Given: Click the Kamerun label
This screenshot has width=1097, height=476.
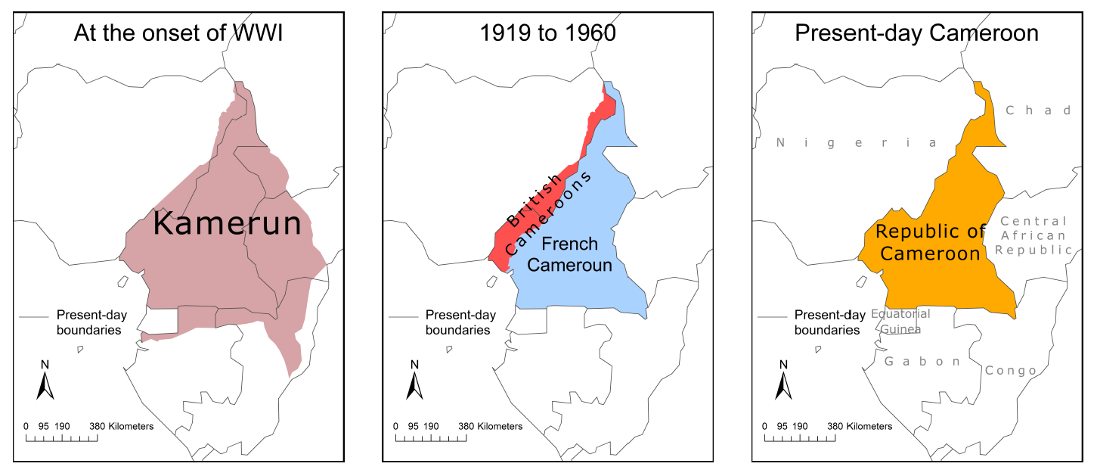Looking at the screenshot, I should (228, 225).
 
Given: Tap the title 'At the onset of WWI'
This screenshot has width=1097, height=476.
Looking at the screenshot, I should (178, 33).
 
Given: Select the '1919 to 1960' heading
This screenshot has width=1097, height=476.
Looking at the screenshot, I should (548, 33).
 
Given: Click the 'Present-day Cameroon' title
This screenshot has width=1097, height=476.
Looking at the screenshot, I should (916, 33).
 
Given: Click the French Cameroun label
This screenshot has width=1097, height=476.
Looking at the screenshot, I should (569, 255).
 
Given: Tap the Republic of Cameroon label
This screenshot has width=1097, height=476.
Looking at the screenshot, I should (930, 242).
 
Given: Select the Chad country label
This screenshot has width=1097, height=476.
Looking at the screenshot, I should (1038, 110).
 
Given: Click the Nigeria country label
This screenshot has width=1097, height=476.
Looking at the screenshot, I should (856, 143).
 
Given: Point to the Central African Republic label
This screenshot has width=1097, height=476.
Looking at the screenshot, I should (1033, 235).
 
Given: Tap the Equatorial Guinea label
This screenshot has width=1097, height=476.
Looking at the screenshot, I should (900, 321).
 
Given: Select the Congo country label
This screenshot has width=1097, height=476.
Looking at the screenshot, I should (1010, 371).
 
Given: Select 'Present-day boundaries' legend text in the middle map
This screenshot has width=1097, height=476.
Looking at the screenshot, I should (457, 322).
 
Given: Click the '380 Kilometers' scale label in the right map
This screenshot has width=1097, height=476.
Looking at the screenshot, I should (860, 426).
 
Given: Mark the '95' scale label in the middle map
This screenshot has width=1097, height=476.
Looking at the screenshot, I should (412, 426).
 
